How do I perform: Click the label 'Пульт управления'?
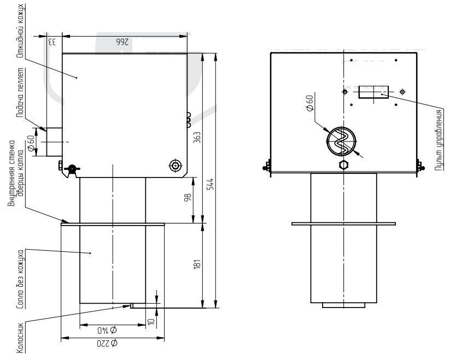click(439, 139)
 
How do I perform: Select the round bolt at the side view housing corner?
click(175, 165)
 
